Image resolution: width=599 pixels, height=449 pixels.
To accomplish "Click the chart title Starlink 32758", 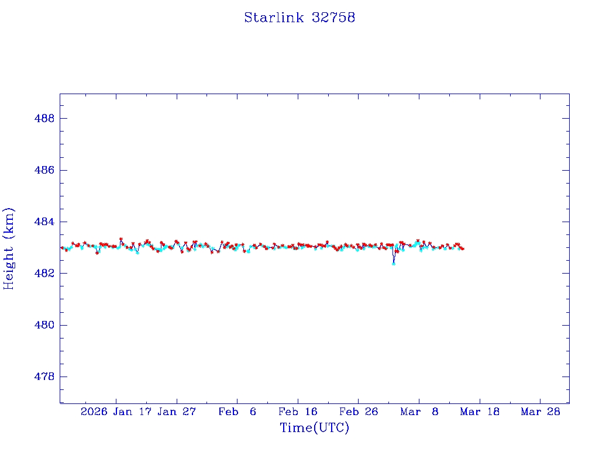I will (299, 18).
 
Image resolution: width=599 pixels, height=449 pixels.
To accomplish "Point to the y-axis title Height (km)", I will (9, 248).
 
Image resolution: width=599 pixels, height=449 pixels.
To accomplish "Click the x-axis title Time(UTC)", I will (314, 428).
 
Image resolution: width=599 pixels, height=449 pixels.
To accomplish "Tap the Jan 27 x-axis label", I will (177, 412).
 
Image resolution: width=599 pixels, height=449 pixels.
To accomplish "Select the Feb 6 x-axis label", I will (237, 412).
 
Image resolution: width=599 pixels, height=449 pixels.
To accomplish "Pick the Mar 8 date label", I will (419, 412).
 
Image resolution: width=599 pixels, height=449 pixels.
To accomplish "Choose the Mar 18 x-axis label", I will (480, 412).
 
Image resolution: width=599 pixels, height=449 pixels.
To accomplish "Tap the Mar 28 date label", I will (540, 412).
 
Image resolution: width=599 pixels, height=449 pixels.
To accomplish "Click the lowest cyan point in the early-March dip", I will (394, 263).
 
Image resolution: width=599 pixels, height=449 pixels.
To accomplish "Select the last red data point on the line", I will (463, 249).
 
